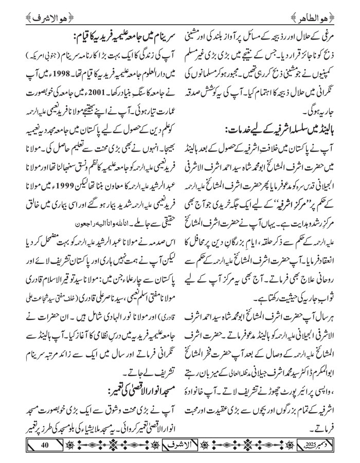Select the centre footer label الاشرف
coord(179,444)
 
